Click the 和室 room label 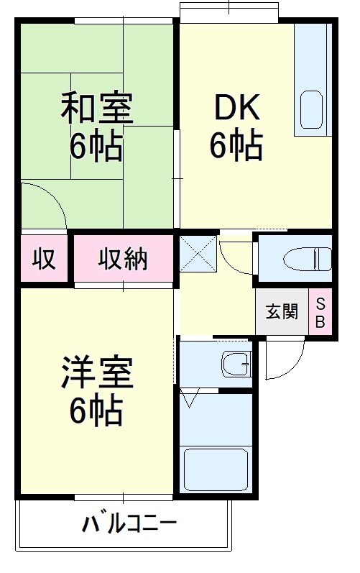(x=97, y=108)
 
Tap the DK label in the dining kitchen (x=237, y=107)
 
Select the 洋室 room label (x=97, y=372)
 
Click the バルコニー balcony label (x=129, y=523)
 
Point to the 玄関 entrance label (x=282, y=312)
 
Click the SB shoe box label (x=320, y=313)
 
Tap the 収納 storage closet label (x=123, y=259)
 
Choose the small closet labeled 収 (x=44, y=259)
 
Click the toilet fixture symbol (x=307, y=259)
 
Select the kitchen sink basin (x=311, y=109)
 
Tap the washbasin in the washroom (x=236, y=364)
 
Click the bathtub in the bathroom (x=216, y=469)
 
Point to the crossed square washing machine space (x=198, y=254)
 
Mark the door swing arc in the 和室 (x=55, y=196)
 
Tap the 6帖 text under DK (x=236, y=145)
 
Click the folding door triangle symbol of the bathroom (x=190, y=398)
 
